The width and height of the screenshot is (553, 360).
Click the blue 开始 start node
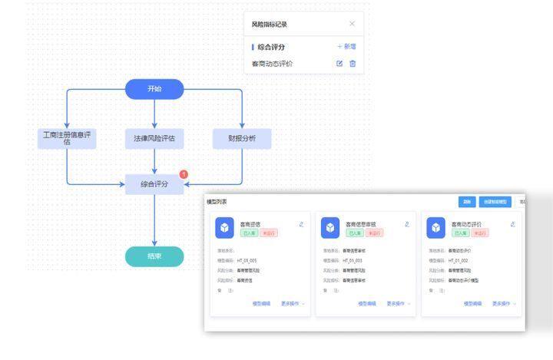[x=154, y=89]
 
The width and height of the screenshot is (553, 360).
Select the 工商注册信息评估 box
[x=67, y=138]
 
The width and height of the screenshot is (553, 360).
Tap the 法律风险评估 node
[x=154, y=139]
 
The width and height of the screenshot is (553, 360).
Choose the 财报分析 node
[x=242, y=139]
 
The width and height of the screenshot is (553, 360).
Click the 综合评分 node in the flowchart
[x=154, y=184]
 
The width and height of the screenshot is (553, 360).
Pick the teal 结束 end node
[x=154, y=256]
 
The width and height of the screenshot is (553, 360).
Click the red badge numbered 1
[x=184, y=174]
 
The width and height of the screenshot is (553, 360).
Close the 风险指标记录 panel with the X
[x=353, y=25]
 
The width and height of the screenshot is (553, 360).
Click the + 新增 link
[x=346, y=47]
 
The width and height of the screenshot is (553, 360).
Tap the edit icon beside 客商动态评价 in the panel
[x=339, y=64]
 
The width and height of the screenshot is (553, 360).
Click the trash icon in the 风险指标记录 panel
[x=353, y=64]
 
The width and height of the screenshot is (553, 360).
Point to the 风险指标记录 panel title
[x=270, y=25]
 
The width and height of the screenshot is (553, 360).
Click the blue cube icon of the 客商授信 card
[x=224, y=228]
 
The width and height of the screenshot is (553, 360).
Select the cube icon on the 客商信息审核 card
[x=330, y=228]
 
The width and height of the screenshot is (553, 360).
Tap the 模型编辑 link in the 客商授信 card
[x=261, y=304]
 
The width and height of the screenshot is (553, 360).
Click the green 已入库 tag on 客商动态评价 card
[x=460, y=233]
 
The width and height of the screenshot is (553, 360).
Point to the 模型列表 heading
[x=217, y=202]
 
